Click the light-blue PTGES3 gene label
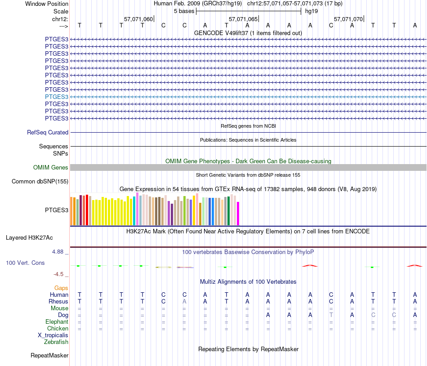coord(57,97)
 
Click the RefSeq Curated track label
coord(48,133)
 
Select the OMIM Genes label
coord(51,167)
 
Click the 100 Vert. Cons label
coord(25,263)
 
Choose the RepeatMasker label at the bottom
coord(49,356)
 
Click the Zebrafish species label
coord(56,342)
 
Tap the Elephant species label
coord(57,322)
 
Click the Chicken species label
coord(58,329)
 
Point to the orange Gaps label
coord(61,288)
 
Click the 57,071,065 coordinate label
coord(243,19)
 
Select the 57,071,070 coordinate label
coord(348,19)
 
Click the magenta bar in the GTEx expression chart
coord(238,214)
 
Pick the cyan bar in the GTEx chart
coord(134,210)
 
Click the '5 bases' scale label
coord(183,11)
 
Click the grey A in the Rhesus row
coord(184,301)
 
